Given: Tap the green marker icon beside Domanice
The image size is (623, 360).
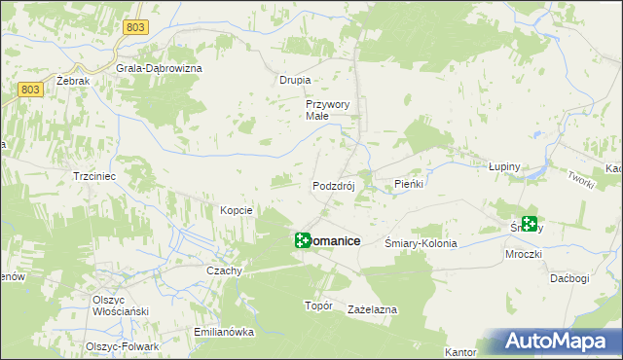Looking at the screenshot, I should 303,240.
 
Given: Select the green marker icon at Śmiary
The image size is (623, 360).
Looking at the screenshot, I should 530,225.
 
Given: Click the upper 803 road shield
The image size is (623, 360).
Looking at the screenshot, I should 135,27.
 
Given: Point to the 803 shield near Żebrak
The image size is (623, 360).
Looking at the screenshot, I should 30,90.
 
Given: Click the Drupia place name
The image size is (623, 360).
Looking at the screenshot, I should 295,80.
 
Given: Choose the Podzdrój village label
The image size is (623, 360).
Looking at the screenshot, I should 337,186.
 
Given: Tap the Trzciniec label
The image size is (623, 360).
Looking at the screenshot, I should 95,177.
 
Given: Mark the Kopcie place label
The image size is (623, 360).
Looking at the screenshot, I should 237,210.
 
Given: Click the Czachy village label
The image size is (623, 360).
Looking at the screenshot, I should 224,270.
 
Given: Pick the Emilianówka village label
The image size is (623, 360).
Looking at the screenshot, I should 224,332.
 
